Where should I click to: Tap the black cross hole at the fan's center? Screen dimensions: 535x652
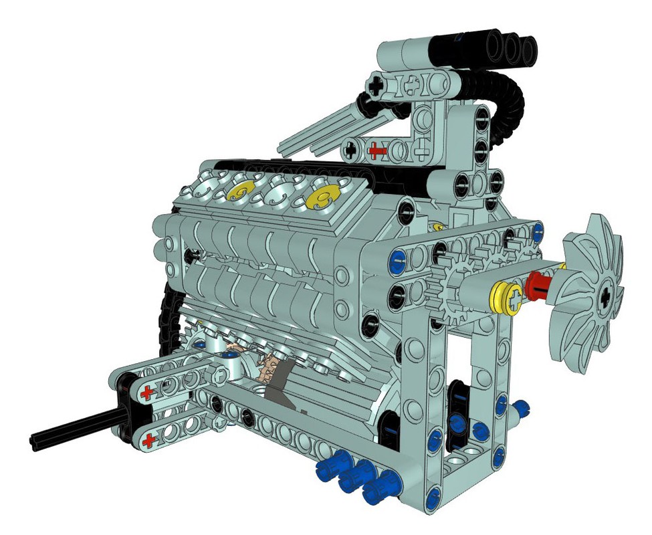coord(605,294)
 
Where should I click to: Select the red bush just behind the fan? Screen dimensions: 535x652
coord(539,286)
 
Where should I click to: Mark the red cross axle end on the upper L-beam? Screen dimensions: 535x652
coord(378,151)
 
